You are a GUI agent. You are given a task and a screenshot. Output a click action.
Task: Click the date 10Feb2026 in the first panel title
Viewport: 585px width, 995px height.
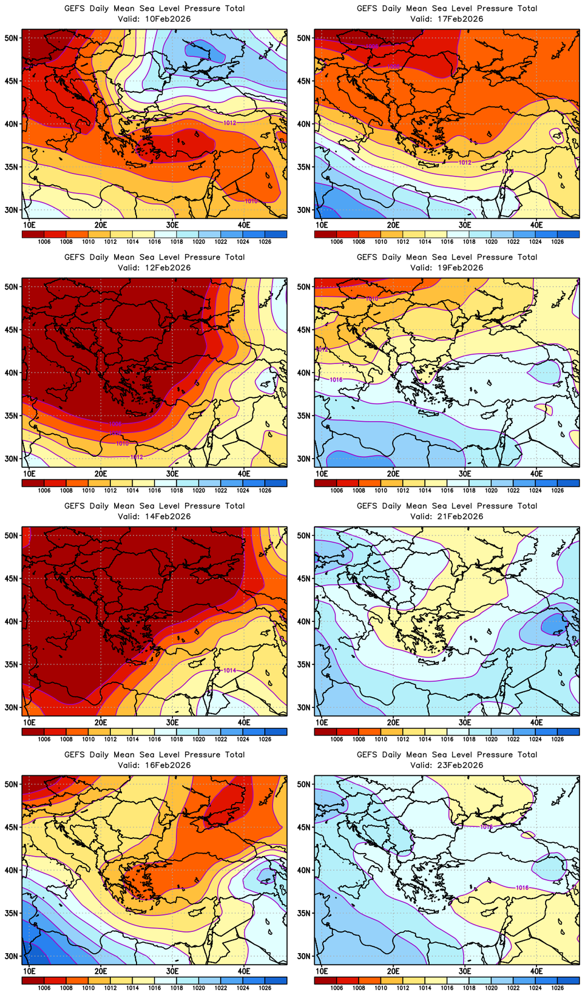(x=168, y=19)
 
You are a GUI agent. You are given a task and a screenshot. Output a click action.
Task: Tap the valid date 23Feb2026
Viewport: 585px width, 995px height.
(x=461, y=765)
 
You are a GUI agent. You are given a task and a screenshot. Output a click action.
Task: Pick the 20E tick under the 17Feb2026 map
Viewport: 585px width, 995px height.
(x=393, y=224)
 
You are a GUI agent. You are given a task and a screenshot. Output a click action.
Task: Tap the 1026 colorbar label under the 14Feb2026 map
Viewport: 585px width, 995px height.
(x=265, y=739)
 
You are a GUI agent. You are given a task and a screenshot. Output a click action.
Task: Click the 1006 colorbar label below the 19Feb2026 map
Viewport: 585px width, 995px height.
(x=337, y=490)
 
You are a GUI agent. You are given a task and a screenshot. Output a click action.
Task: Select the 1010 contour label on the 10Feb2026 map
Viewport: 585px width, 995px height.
(x=251, y=201)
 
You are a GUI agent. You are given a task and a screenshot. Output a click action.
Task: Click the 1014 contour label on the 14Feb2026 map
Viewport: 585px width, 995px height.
(x=229, y=670)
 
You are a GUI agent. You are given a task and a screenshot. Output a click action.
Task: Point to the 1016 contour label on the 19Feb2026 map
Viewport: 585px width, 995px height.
(x=336, y=380)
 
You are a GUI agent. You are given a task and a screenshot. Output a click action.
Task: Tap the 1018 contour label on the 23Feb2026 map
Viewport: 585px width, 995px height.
(x=486, y=827)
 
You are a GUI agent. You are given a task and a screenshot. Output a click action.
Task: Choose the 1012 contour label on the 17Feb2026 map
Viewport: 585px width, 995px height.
(x=465, y=163)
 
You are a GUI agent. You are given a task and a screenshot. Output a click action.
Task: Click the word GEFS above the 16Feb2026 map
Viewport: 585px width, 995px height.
(x=75, y=755)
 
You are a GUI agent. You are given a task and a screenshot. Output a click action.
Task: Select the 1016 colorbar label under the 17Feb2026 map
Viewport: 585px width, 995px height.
(x=447, y=241)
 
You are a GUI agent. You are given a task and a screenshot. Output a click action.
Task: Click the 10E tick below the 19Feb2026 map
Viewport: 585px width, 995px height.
(x=322, y=473)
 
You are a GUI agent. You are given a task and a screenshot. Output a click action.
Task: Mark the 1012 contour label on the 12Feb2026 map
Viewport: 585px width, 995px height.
(x=137, y=457)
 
